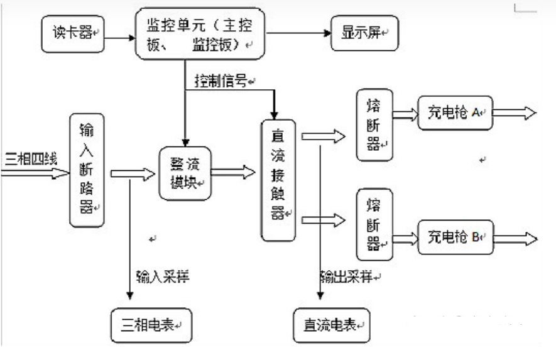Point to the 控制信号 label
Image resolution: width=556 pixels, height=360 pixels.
point(223,82)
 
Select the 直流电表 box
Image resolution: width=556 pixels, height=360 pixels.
point(332,326)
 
